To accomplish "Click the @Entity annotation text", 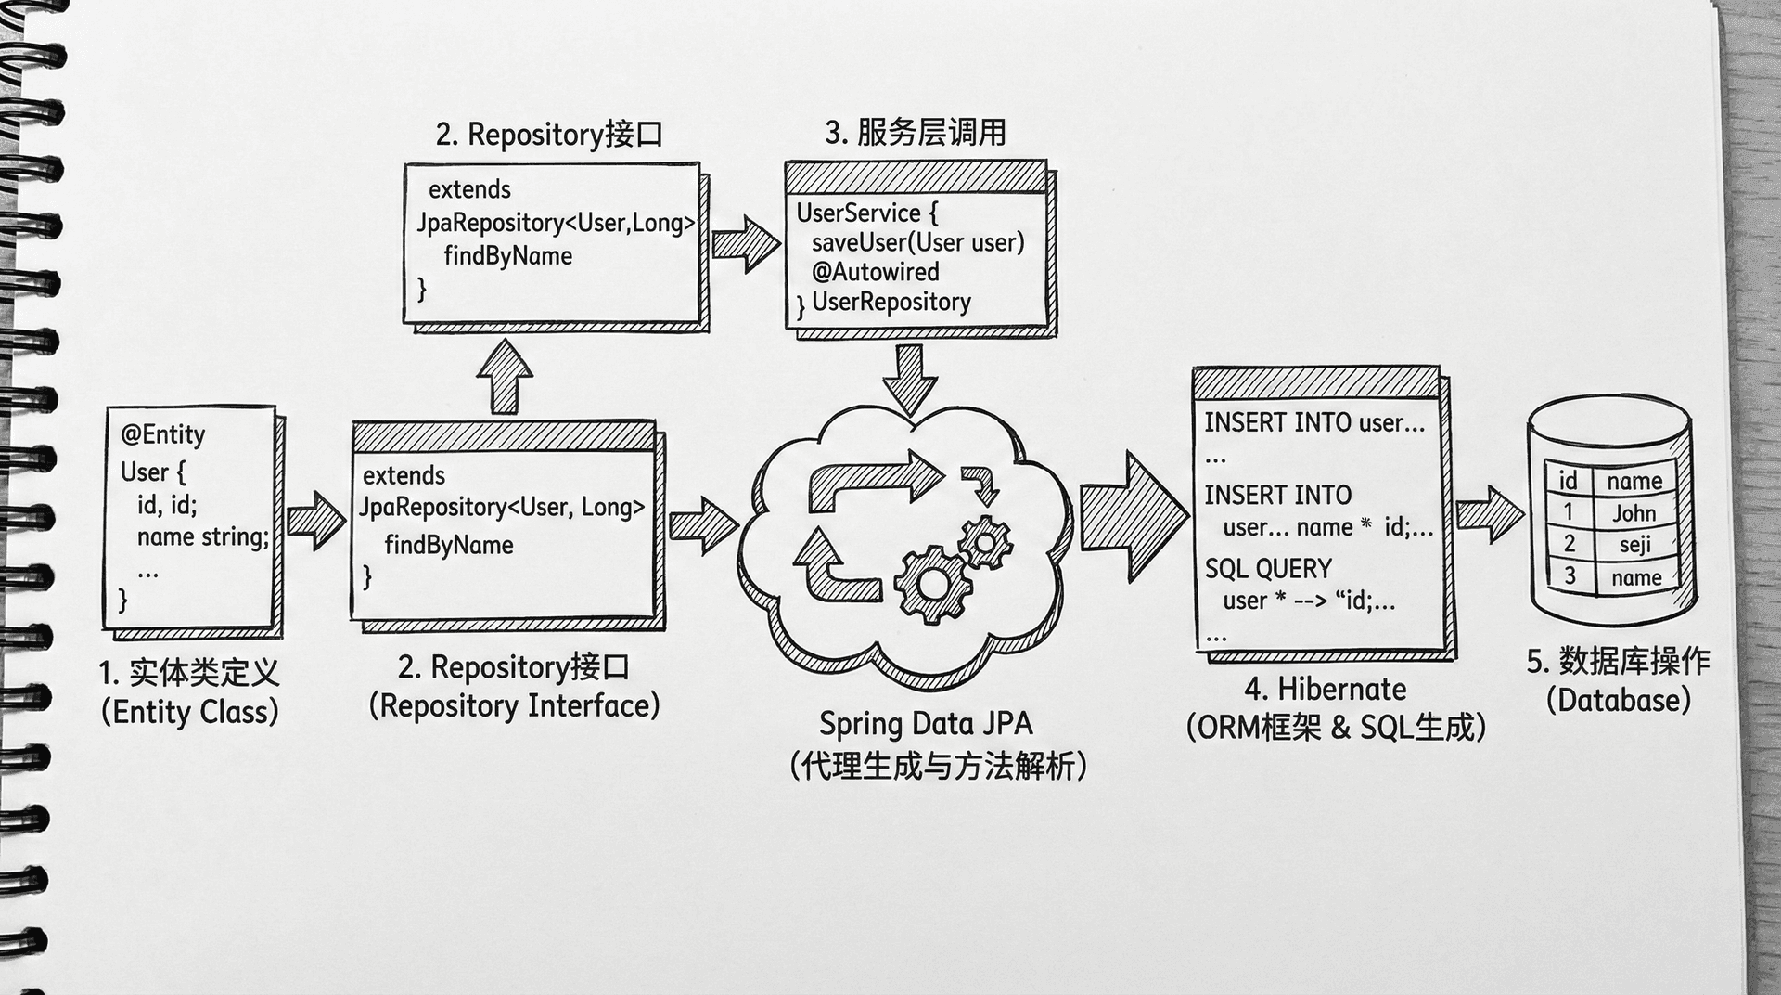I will point(162,434).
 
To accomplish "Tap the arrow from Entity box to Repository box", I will point(316,521).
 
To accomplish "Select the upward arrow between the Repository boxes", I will point(505,377).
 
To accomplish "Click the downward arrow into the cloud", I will point(910,379).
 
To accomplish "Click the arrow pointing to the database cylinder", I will point(1489,514).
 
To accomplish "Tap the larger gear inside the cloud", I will point(932,584).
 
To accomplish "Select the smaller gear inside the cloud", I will point(985,541).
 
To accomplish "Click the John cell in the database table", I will point(1634,513).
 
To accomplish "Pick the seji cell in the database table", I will point(1634,545).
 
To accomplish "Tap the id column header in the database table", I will point(1568,481).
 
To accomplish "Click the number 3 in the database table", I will point(1570,576).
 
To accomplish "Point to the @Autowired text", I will point(875,272).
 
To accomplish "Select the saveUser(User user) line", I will point(917,242).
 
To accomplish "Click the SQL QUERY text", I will point(1267,568).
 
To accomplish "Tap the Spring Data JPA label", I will point(925,724).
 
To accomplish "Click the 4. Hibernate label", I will point(1326,690).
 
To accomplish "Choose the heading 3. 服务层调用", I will point(915,133).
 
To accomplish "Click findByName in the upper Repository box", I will point(507,256).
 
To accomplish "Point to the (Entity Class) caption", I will point(190,712).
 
